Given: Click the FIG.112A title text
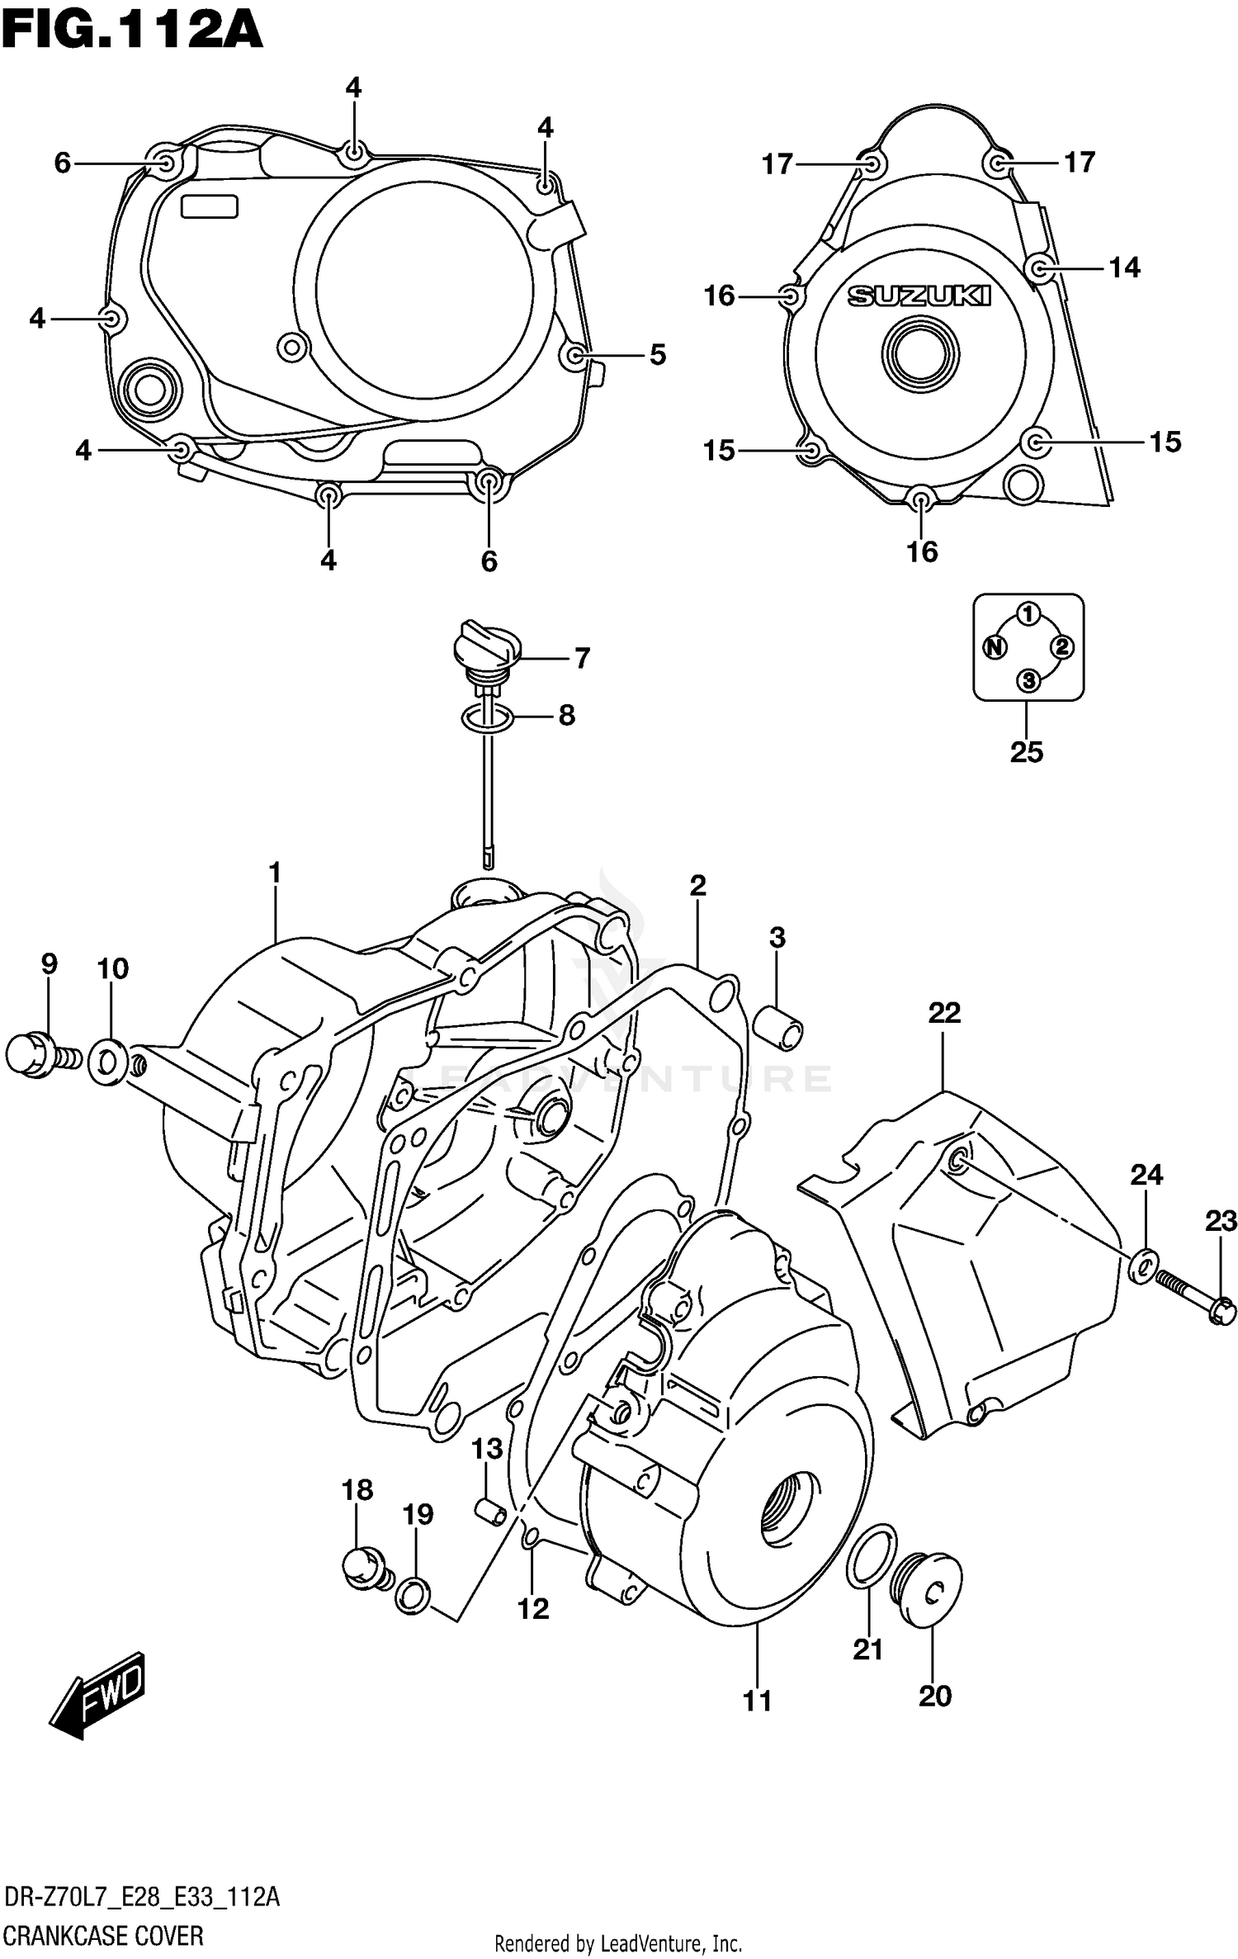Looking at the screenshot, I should (x=132, y=31).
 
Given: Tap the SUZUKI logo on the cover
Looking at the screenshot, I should (x=919, y=296).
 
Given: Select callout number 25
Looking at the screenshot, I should (x=1027, y=752).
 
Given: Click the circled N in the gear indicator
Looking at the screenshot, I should (x=995, y=647).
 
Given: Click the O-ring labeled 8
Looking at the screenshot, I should (x=487, y=717).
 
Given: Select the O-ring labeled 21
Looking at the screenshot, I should (x=872, y=1556).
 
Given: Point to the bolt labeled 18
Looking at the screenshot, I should (x=363, y=1566).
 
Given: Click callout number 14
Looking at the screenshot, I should (x=1123, y=267).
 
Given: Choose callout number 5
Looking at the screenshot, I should (x=657, y=355).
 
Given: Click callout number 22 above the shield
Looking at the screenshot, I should (x=944, y=1013).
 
